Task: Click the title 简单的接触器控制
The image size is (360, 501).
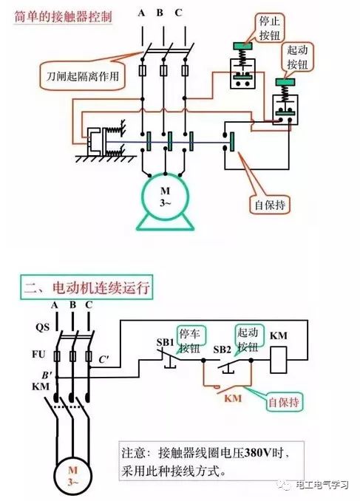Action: tap(63, 16)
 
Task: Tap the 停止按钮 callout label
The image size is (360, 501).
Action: tap(270, 28)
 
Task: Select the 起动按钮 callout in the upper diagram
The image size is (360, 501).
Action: tap(297, 58)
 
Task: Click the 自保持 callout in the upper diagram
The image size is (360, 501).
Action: tap(270, 205)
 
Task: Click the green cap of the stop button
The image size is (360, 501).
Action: tap(243, 46)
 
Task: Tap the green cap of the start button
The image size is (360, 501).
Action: tap(285, 82)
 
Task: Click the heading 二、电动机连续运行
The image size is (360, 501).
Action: tap(86, 287)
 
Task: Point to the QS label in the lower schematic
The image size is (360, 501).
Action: tap(43, 327)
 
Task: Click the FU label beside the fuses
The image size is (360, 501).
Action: tap(38, 354)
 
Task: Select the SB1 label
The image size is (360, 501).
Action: tap(165, 342)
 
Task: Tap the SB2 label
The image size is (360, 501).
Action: tap(223, 350)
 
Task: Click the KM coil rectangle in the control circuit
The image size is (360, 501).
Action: tap(279, 360)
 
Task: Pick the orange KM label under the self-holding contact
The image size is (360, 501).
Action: tap(233, 398)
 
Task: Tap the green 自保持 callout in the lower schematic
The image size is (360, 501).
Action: tap(284, 402)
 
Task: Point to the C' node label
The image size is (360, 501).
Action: tap(103, 359)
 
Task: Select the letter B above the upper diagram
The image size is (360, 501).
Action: tap(160, 13)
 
